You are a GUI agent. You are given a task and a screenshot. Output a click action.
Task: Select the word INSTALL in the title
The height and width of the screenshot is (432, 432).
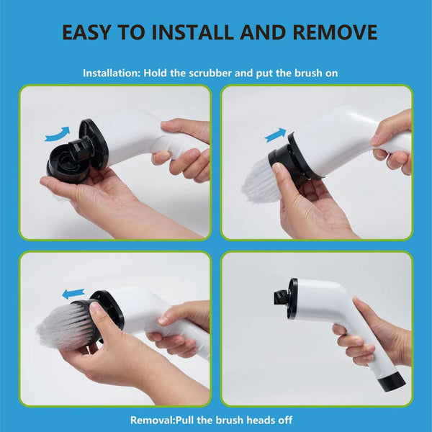tap(192, 32)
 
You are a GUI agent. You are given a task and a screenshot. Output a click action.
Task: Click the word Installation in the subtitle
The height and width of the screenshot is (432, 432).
tap(111, 73)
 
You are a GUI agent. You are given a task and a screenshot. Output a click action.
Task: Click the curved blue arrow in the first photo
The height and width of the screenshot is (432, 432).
tap(57, 132)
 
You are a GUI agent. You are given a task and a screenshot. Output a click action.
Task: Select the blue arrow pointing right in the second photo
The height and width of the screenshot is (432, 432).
tap(274, 135)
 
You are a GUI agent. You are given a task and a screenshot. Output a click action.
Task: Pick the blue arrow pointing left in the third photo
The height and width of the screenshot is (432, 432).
tap(73, 293)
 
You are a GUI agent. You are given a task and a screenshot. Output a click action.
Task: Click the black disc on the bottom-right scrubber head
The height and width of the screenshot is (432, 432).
tap(292, 298)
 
